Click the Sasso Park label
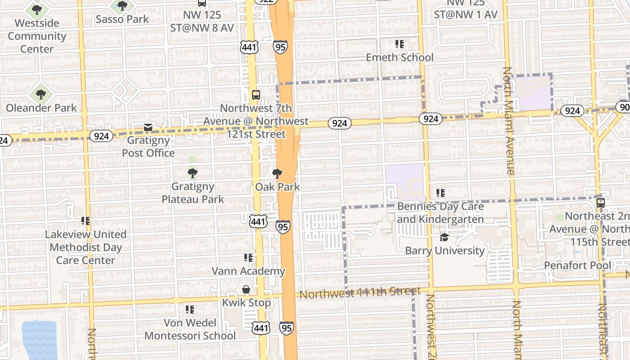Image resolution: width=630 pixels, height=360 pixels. tap(122, 19)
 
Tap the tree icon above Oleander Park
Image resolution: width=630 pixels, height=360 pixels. tap(41, 94)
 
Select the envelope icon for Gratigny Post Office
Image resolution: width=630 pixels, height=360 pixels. tap(148, 128)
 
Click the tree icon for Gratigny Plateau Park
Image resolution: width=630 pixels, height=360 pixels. tap(193, 173)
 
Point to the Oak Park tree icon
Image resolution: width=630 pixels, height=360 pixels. tap(277, 174)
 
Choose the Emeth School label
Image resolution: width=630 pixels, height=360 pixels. tap(400, 58)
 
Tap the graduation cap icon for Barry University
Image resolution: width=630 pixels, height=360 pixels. tap(445, 238)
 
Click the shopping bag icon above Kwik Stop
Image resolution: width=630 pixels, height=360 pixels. tap(246, 289)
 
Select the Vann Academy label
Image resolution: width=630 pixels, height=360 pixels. tap(248, 271)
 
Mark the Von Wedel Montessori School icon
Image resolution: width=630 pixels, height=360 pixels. tap(190, 310)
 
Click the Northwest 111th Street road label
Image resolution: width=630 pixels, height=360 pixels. tap(360, 293)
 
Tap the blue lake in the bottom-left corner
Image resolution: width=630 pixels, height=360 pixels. tap(39, 340)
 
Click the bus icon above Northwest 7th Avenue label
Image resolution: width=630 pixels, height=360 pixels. tap(256, 95)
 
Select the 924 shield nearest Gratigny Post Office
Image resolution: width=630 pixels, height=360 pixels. tap(101, 136)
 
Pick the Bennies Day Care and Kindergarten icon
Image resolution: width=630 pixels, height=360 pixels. tap(441, 193)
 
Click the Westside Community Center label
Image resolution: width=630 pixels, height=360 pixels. tap(37, 36)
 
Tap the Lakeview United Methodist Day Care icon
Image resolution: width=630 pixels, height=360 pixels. tap(85, 221)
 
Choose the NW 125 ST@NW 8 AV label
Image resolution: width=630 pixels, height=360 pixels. tap(202, 21)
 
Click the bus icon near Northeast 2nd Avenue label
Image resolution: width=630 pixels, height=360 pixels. tap(600, 203)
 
